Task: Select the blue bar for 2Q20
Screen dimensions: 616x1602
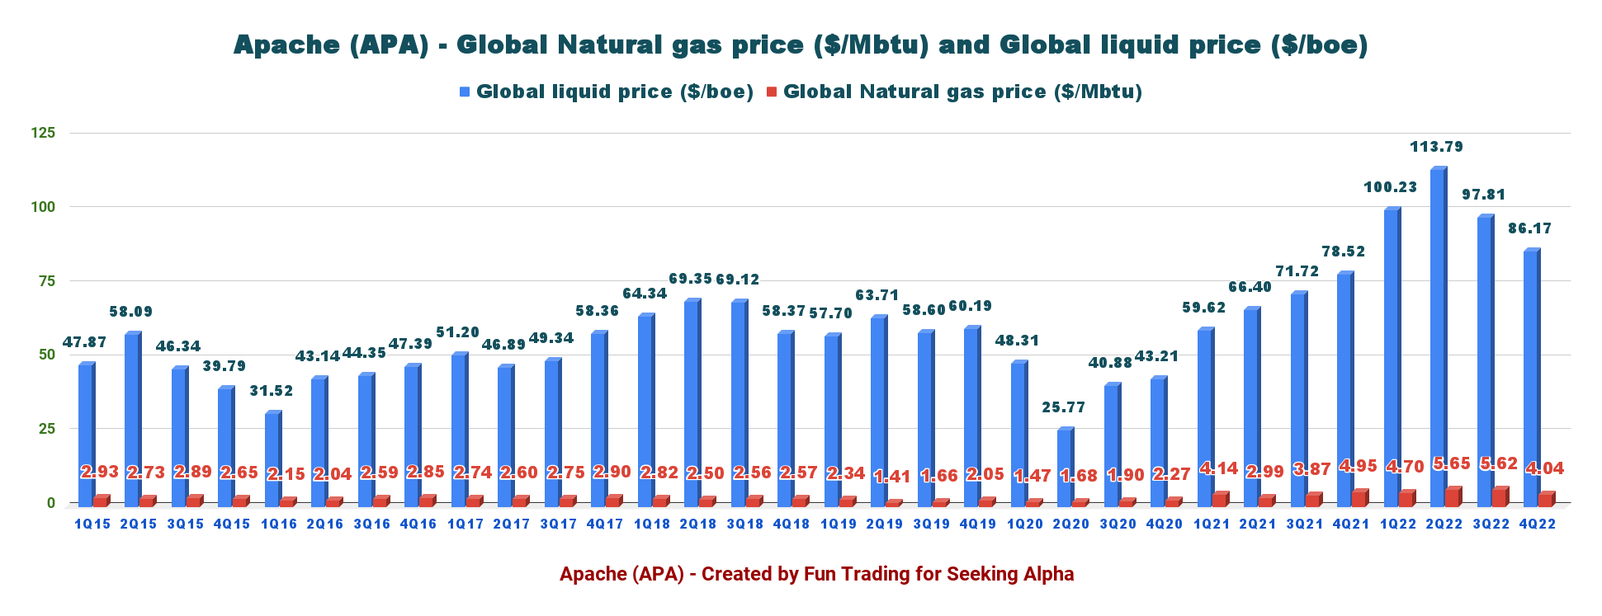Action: point(1064,466)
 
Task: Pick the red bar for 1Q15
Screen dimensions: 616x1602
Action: point(100,501)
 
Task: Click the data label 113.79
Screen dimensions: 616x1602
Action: point(1437,147)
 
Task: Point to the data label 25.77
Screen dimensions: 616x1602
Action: point(1064,407)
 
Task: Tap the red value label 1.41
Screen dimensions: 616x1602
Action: point(892,476)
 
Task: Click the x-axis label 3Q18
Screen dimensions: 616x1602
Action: point(744,524)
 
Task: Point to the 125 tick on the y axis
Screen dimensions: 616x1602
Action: point(43,133)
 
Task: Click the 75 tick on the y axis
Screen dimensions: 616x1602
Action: point(46,281)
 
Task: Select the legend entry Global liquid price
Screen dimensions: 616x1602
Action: point(614,92)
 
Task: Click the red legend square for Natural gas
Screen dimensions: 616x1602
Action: point(772,92)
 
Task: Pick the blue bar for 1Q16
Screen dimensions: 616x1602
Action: point(272,458)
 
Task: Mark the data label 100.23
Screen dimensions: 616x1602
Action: point(1390,187)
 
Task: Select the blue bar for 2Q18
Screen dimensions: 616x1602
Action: point(691,402)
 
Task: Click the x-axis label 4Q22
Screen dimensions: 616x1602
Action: point(1538,524)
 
